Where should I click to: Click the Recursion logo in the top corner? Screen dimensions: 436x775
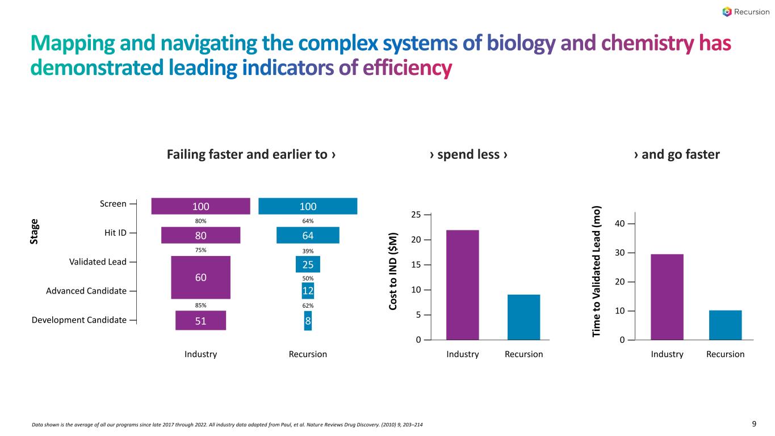click(x=745, y=12)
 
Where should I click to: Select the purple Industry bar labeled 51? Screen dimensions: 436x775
click(x=200, y=320)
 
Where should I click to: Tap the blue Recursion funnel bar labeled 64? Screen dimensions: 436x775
click(x=308, y=235)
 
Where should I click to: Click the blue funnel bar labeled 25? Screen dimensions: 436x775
click(x=308, y=264)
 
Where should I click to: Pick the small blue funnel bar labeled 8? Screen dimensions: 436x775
click(x=308, y=320)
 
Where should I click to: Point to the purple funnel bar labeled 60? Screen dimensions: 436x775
click(x=200, y=277)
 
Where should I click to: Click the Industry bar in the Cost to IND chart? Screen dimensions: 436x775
click(x=462, y=284)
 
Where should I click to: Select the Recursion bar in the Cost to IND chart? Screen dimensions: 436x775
click(x=523, y=317)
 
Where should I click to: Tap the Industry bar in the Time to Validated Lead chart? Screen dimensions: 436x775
click(x=667, y=297)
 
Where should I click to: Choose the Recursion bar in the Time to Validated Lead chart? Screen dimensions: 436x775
click(x=725, y=325)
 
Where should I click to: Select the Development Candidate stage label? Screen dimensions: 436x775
click(x=79, y=320)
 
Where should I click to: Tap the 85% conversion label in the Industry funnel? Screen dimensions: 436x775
click(x=200, y=305)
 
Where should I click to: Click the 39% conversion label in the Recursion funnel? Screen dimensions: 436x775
click(x=308, y=251)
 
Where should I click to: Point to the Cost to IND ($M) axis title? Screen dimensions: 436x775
click(x=393, y=271)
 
